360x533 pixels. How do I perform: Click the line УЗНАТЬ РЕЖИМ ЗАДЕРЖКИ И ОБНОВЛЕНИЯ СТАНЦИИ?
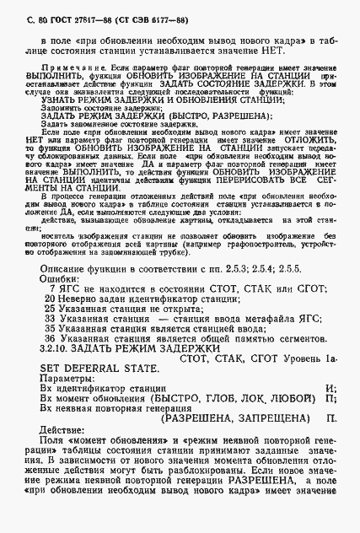coord(137,100)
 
